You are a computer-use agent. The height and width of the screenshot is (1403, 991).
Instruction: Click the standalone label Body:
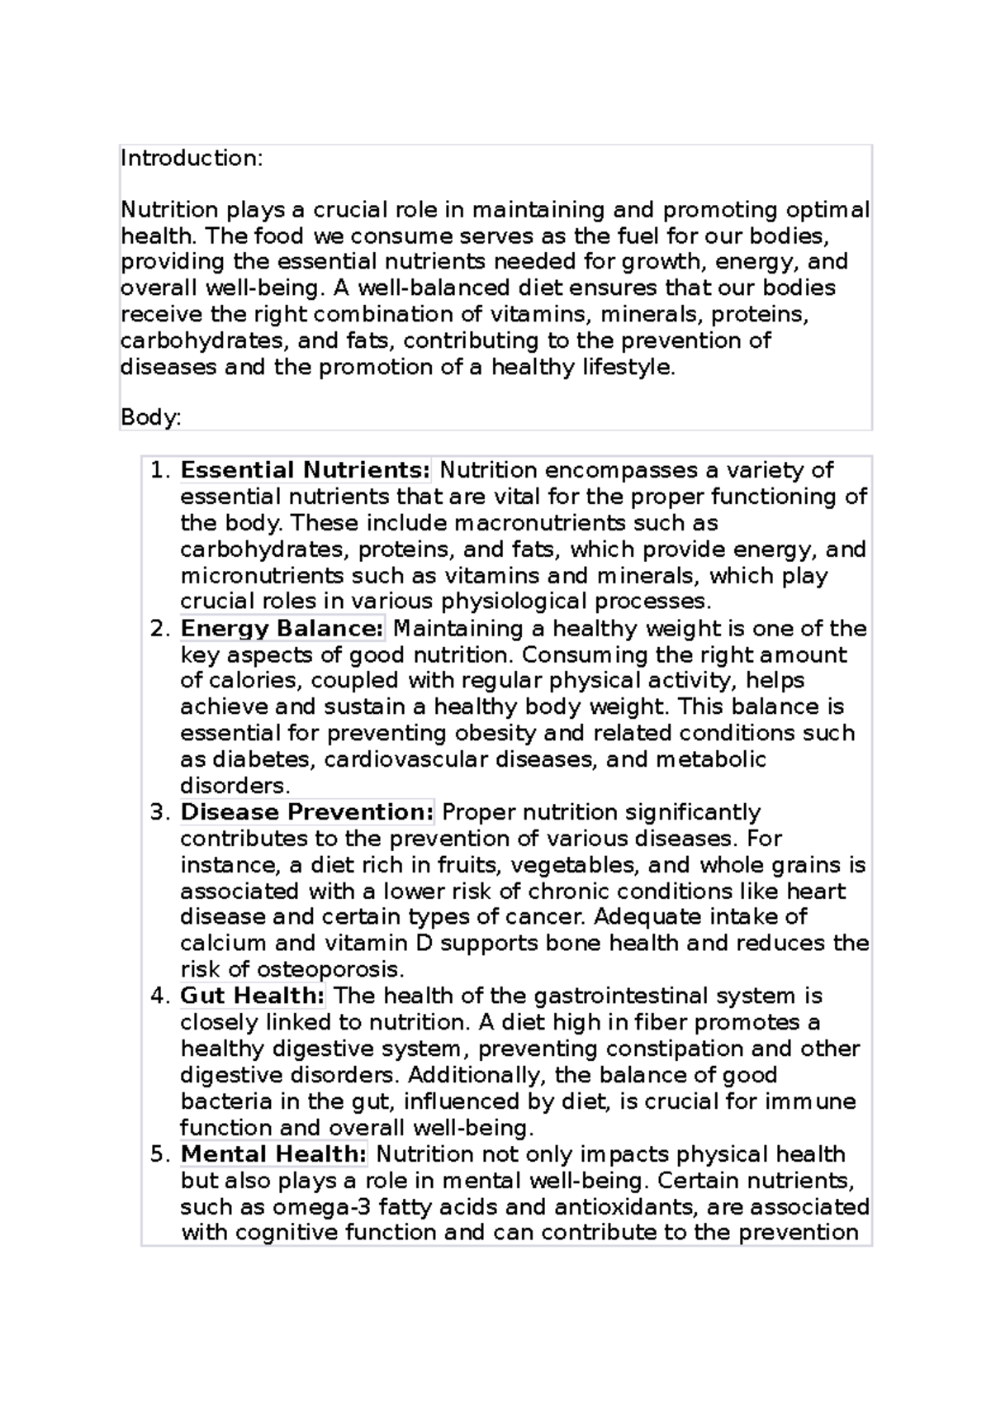[150, 418]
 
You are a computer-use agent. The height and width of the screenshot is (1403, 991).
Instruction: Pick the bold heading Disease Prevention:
[307, 812]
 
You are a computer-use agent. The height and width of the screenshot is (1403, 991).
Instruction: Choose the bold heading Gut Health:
[253, 996]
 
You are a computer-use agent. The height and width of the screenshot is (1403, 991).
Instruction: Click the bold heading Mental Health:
[273, 1154]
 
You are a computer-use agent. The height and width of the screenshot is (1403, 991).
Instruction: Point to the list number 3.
[159, 812]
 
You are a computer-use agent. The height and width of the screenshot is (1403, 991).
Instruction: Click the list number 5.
[159, 1154]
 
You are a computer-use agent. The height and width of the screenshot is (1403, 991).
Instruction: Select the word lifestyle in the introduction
[628, 368]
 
